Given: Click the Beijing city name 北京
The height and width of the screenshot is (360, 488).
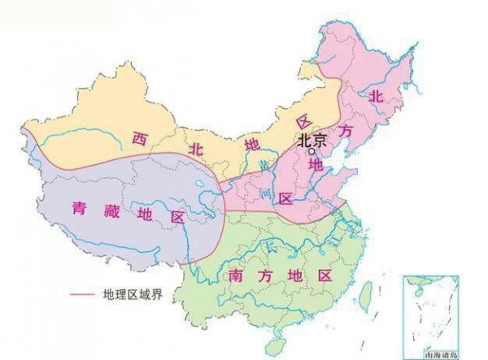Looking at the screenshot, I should pos(312,140).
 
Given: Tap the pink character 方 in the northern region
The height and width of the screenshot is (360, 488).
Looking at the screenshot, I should pos(346,130).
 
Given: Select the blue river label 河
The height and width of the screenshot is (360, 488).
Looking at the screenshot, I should pos(264,195).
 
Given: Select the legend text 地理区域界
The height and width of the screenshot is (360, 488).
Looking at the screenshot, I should pos(133,293).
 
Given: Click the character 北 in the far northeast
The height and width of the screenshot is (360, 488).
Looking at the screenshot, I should pos(375,96).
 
